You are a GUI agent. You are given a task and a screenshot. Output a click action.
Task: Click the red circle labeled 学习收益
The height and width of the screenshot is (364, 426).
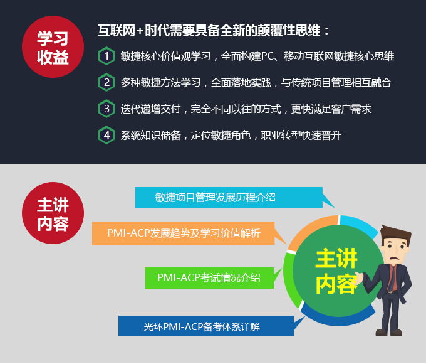[x=53, y=47]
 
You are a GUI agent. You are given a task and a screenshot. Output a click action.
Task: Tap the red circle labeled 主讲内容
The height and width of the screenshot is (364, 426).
[x=53, y=213]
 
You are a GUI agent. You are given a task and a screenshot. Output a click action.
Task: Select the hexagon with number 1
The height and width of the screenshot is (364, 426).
[x=106, y=56]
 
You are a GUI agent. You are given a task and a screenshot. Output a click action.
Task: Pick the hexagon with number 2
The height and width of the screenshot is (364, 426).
[x=106, y=82]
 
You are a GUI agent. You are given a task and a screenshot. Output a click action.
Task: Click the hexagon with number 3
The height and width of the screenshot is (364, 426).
[x=106, y=109]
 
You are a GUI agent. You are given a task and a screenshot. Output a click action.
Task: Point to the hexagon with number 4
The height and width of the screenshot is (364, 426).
[x=106, y=135]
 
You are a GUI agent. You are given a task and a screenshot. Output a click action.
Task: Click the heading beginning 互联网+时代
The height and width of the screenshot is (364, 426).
[x=214, y=30]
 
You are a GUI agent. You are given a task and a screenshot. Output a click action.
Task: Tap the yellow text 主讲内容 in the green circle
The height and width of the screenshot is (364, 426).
[x=336, y=271]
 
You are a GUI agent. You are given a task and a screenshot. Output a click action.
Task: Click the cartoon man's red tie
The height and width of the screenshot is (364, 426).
[x=393, y=277]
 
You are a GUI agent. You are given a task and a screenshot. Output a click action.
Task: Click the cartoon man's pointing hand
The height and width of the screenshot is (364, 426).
[x=358, y=278]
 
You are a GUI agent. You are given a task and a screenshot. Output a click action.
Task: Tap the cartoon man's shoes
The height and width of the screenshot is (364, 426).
[x=389, y=333]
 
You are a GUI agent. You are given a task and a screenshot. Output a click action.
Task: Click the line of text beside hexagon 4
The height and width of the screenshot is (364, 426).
[x=231, y=136]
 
